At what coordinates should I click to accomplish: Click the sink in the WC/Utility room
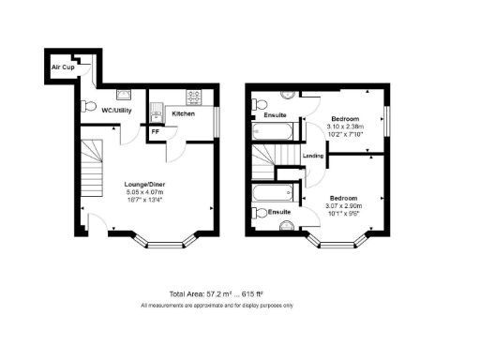(124, 94)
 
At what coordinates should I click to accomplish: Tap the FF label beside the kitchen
(155, 131)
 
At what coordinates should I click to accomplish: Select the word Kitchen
(184, 113)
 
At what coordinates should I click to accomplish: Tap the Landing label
(314, 156)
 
